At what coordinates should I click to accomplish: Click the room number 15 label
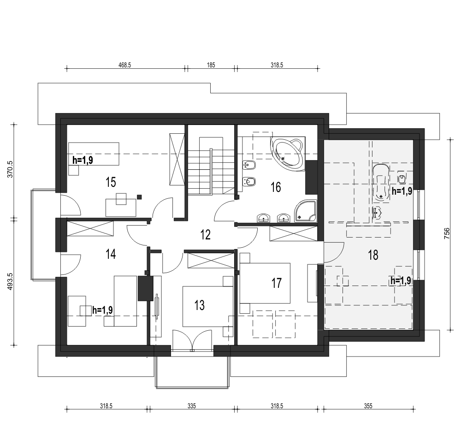pos(111,182)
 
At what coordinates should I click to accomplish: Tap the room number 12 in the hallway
pos(206,235)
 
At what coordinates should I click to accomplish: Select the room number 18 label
pos(373,255)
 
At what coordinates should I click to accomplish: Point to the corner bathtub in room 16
pos(287,153)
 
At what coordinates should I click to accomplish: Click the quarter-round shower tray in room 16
pos(306,211)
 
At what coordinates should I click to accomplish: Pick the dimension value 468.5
pos(124,65)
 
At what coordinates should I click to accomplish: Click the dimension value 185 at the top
pos(211,65)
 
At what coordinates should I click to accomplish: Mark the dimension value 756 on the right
pos(447,233)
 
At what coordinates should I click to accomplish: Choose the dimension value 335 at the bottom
pos(191,406)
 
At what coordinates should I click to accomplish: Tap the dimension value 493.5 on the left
pos(10,281)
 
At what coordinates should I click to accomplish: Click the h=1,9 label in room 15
pos(83,160)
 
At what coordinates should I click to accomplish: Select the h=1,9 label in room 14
pos(103,310)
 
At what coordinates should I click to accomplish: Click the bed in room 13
pos(208,306)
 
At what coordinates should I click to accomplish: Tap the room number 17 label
pos(276,283)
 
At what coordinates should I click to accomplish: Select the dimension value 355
pos(368,406)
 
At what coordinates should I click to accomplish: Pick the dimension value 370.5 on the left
pos(10,169)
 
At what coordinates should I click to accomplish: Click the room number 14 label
pos(111,254)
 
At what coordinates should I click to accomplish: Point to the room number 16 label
pos(276,187)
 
